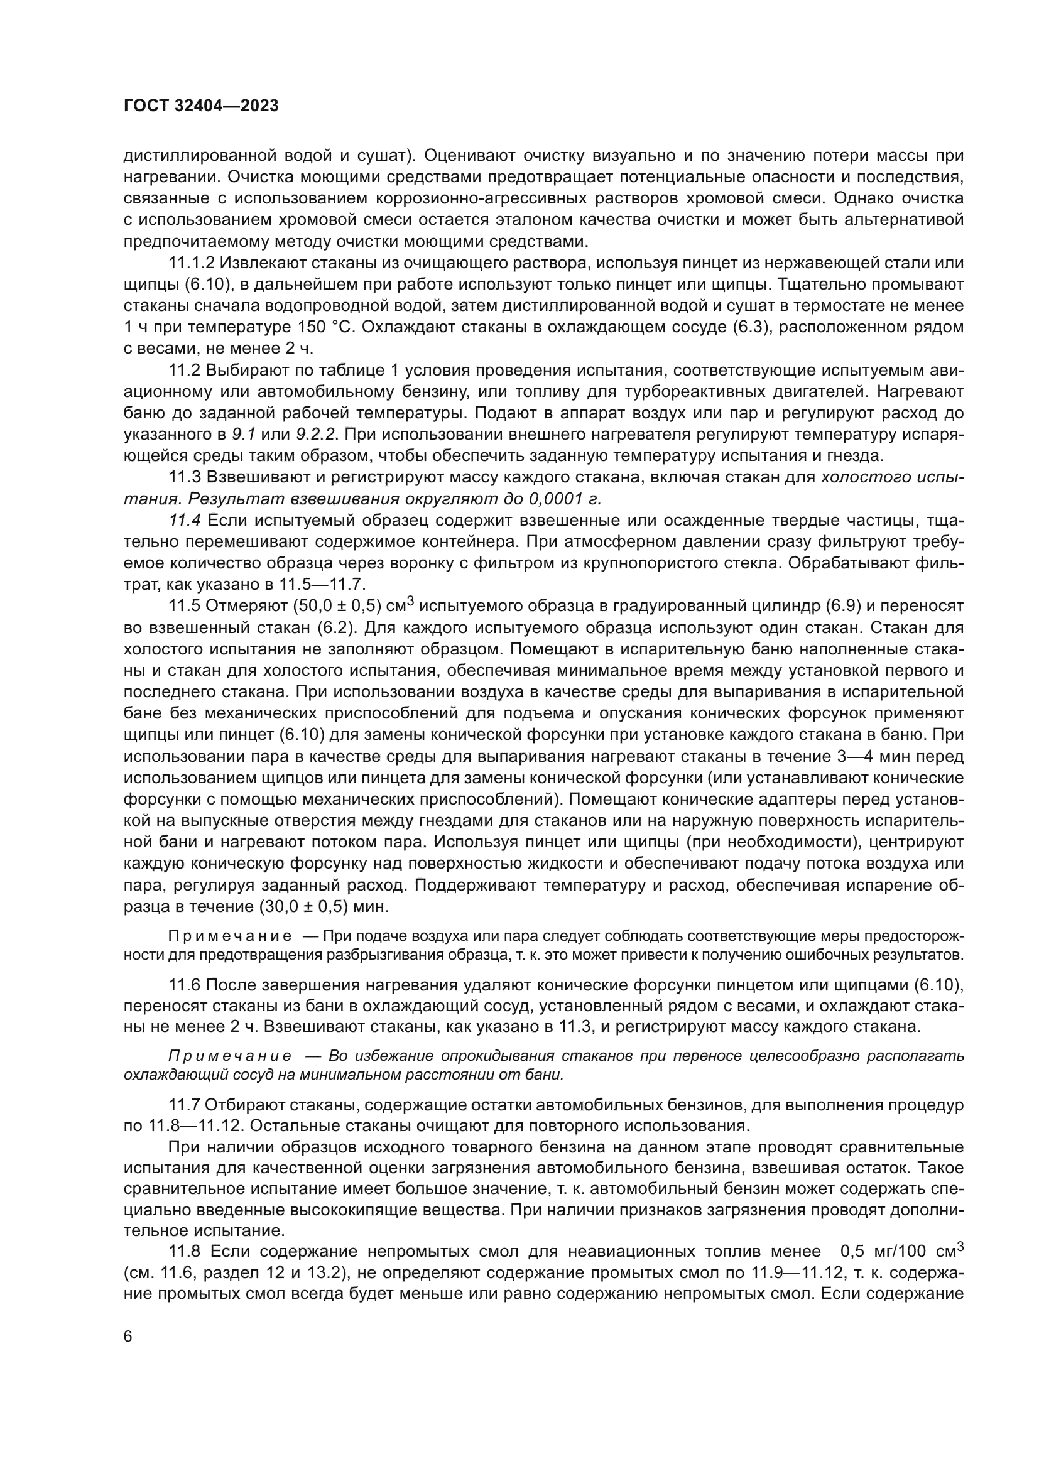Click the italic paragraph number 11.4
point(183,520)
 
